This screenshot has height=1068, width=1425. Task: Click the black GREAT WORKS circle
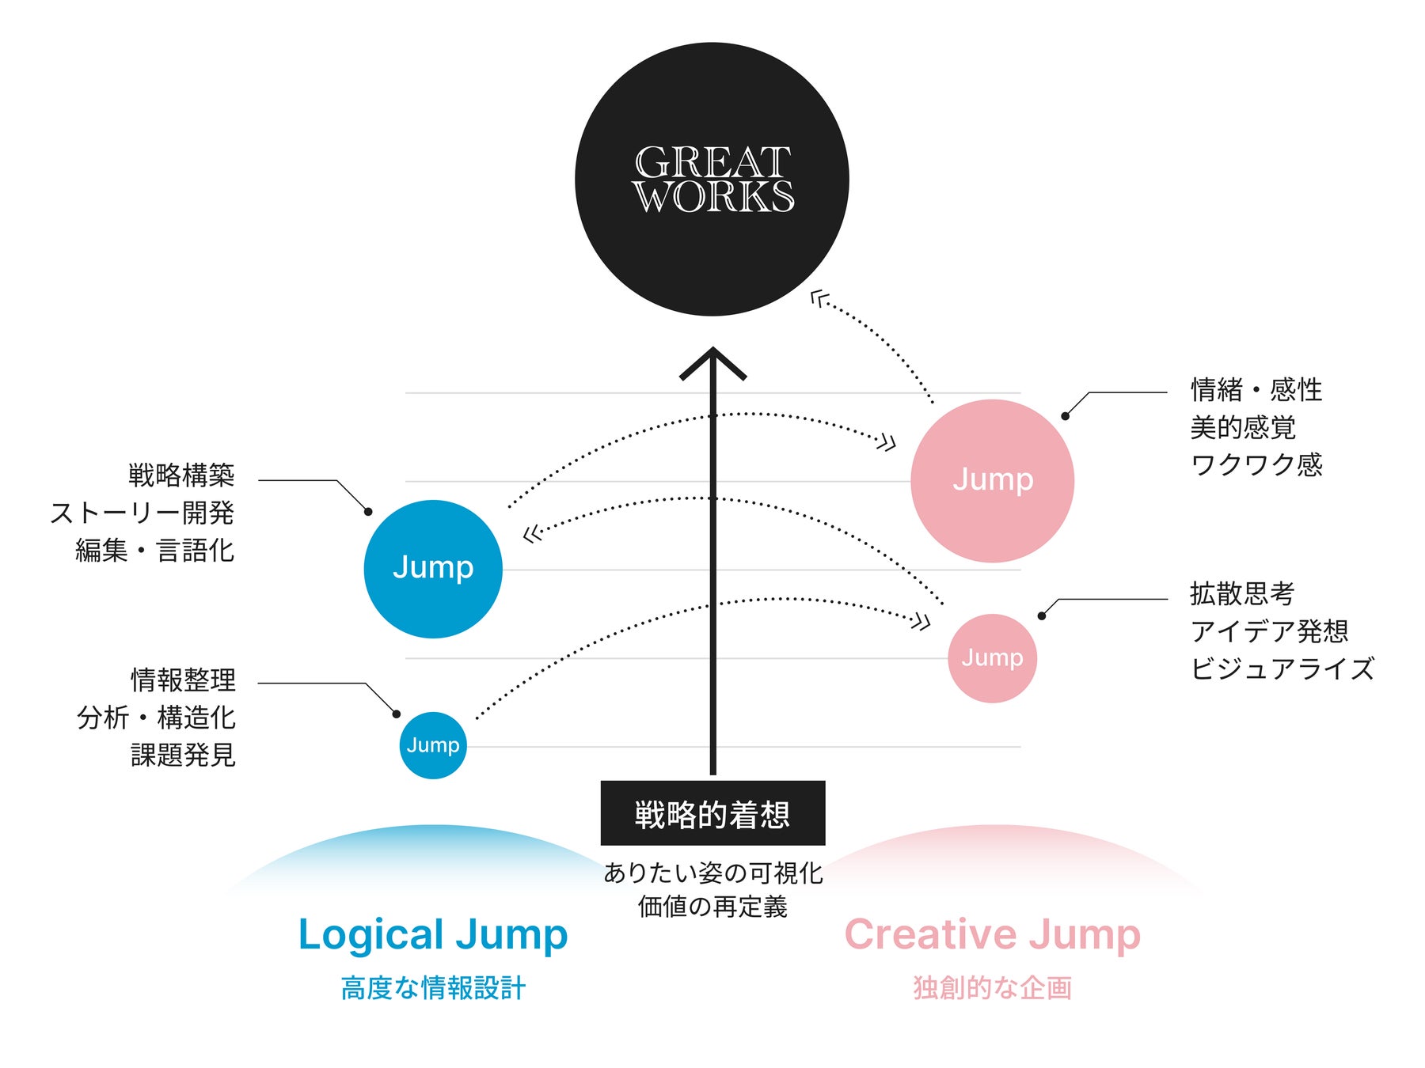pos(712,180)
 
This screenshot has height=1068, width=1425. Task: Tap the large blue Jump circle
pos(433,569)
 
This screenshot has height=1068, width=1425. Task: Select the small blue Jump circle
pos(433,745)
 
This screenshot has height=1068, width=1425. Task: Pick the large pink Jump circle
pos(992,481)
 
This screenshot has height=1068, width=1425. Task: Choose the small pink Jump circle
pos(992,658)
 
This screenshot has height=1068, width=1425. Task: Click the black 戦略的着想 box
pos(712,813)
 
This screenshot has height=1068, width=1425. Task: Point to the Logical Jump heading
pos(433,935)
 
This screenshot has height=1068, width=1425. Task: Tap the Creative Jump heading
pos(993,935)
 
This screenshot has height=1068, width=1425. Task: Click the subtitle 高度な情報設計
pos(433,988)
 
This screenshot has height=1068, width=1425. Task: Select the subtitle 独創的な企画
pos(993,988)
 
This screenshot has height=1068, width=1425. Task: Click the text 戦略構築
pos(182,475)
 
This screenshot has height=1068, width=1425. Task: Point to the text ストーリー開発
pos(142,513)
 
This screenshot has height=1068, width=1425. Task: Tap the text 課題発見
pos(183,755)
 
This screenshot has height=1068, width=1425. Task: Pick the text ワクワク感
pos(1256,464)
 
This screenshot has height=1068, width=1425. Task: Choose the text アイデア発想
pos(1269,631)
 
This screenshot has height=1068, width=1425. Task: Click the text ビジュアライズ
pos(1282,668)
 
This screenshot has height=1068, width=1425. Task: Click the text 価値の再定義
pos(712,907)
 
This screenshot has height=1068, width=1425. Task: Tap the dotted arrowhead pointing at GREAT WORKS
pos(819,299)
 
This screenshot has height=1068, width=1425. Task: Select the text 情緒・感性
pos(1256,390)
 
